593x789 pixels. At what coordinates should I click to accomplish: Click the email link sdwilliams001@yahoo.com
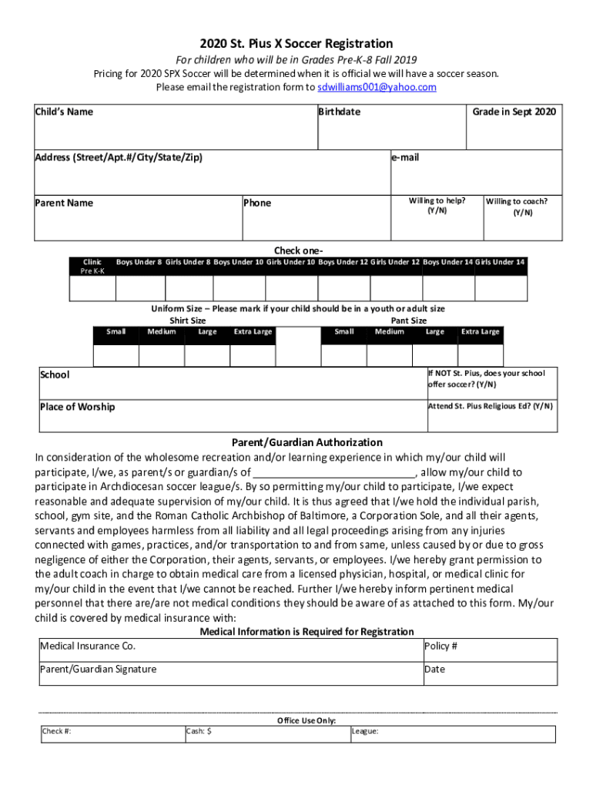pyautogui.click(x=377, y=87)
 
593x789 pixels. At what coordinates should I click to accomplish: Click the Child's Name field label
pyautogui.click(x=64, y=112)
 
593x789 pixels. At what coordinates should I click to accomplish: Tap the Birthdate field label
pyautogui.click(x=340, y=112)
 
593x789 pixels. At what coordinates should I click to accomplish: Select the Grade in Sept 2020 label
pyautogui.click(x=514, y=112)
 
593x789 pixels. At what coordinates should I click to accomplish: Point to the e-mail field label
pyautogui.click(x=405, y=157)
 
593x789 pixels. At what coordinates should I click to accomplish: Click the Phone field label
pyautogui.click(x=257, y=203)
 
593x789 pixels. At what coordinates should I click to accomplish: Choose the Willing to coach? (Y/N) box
pyautogui.click(x=521, y=219)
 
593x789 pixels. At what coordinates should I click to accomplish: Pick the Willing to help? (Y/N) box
pyautogui.click(x=437, y=219)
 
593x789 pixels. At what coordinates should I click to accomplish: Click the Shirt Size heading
pyautogui.click(x=187, y=321)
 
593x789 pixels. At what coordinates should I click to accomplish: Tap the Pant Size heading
pyautogui.click(x=409, y=321)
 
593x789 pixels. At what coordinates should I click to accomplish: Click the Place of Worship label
pyautogui.click(x=77, y=407)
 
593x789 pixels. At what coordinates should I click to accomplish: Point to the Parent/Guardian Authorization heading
pyautogui.click(x=307, y=442)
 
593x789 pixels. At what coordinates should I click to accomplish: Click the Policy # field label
pyautogui.click(x=441, y=646)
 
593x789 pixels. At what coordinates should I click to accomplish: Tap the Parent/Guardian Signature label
pyautogui.click(x=98, y=669)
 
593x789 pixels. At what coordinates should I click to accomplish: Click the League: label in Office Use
pyautogui.click(x=365, y=731)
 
